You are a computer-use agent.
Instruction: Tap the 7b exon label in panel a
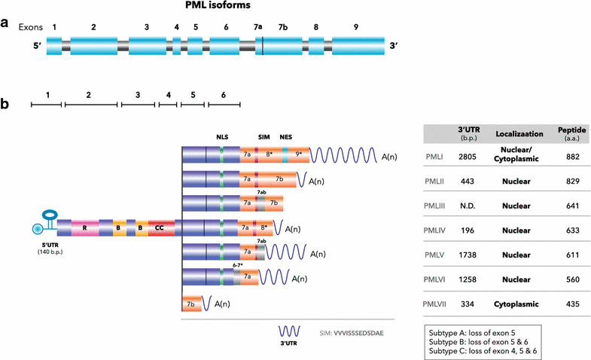point(283,26)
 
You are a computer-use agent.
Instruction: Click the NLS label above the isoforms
point(221,138)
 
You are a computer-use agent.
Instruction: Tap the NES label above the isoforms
point(285,138)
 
